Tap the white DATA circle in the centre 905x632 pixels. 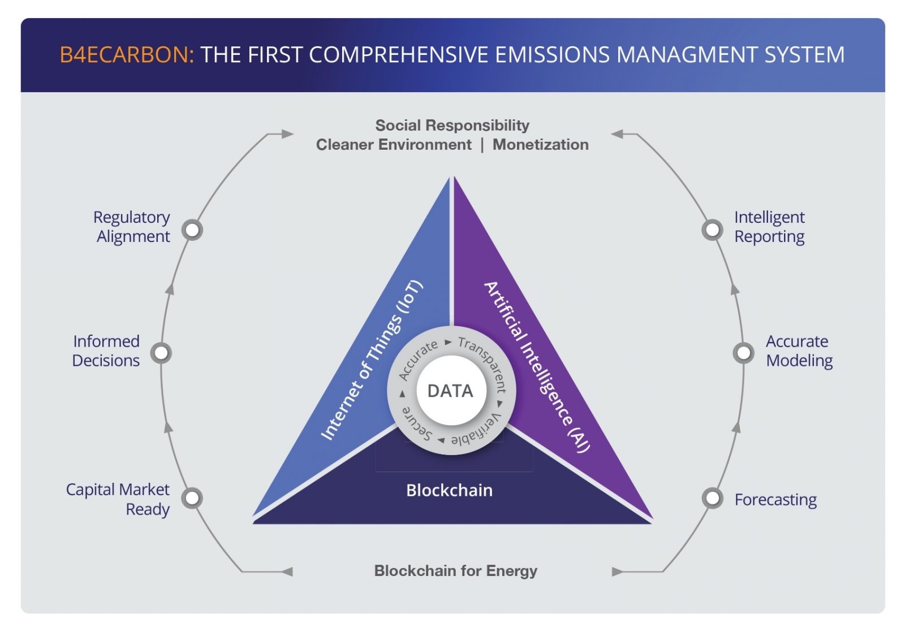[x=451, y=391]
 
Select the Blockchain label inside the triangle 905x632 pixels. [x=449, y=490]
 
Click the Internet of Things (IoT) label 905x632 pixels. [x=372, y=360]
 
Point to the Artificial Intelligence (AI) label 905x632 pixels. [x=537, y=367]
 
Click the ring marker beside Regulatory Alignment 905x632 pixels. [x=192, y=230]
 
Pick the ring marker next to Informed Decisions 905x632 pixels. [x=161, y=353]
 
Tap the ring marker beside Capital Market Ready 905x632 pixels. [x=192, y=498]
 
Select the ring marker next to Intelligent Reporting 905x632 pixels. [x=712, y=230]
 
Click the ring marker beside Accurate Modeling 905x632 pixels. [x=743, y=353]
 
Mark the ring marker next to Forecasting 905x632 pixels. [x=712, y=498]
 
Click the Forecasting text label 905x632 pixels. [x=775, y=500]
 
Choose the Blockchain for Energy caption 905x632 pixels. [x=456, y=570]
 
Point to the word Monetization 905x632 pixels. [x=541, y=145]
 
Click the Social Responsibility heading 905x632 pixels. [x=452, y=125]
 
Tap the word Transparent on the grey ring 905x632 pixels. [x=485, y=361]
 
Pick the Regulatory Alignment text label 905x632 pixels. [x=132, y=227]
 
